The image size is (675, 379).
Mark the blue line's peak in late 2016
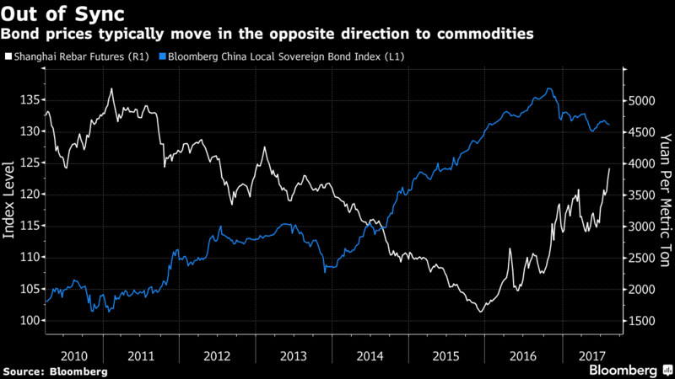pos(549,88)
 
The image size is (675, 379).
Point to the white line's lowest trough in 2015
pos(480,312)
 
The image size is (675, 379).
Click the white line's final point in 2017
pos(610,168)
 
